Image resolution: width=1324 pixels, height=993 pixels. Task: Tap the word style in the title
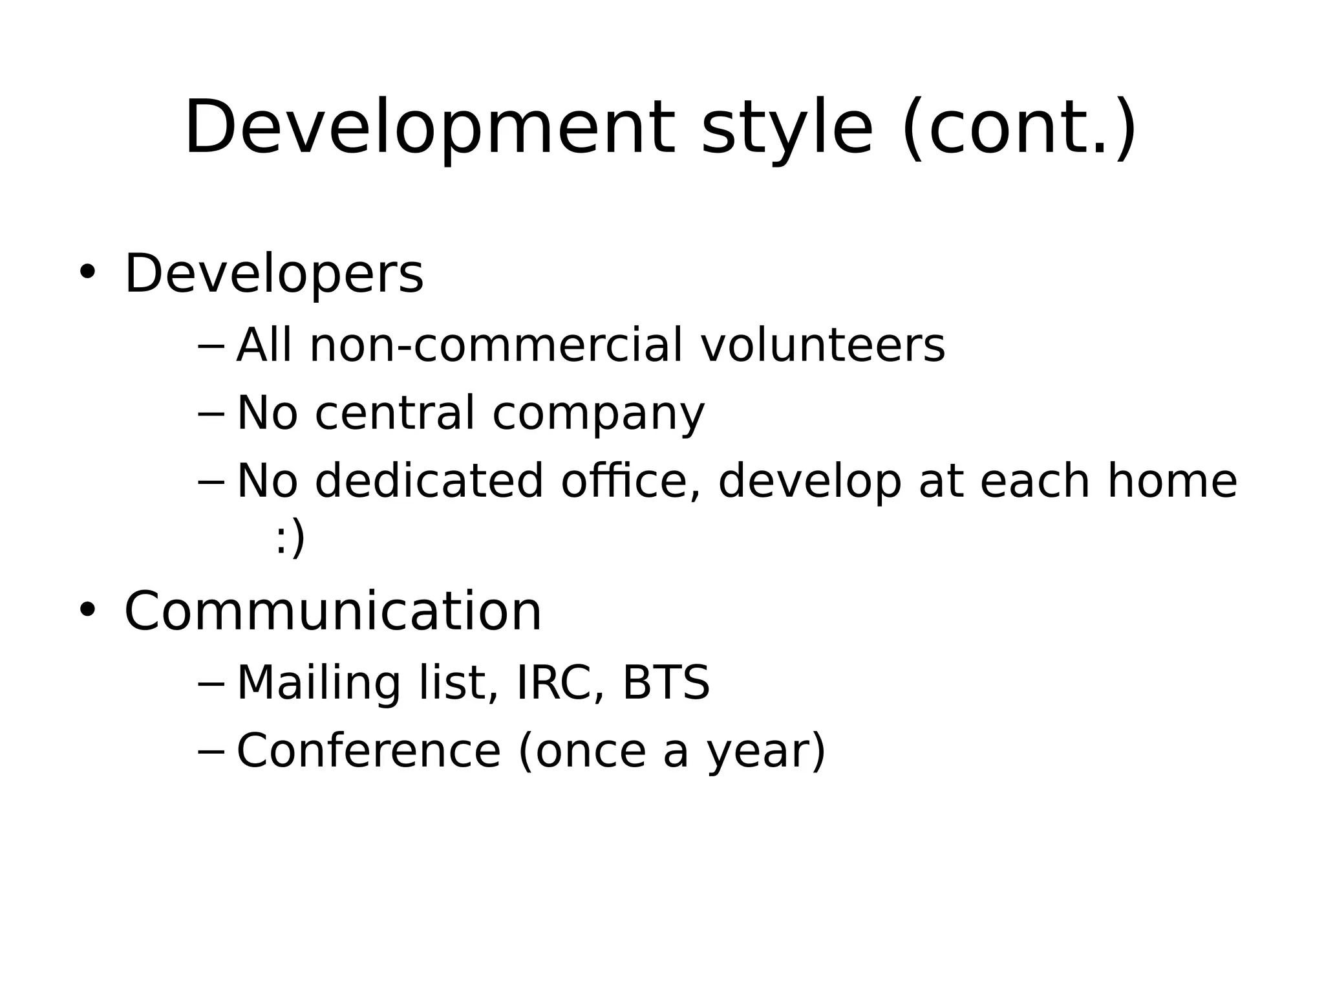(787, 127)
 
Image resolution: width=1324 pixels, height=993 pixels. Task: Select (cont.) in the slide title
(1019, 127)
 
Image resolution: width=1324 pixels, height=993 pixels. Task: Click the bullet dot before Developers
(87, 272)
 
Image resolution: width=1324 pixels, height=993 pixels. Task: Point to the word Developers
(273, 274)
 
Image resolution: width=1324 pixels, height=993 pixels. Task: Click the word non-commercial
(496, 345)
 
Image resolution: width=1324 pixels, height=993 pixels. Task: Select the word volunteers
(822, 345)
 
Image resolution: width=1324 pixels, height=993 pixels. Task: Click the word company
(598, 415)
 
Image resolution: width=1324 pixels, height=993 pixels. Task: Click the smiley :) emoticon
(290, 538)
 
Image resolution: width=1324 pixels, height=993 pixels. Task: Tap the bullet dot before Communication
(87, 609)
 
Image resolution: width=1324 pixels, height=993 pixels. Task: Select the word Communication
(332, 611)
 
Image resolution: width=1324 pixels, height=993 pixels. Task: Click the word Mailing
(318, 684)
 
